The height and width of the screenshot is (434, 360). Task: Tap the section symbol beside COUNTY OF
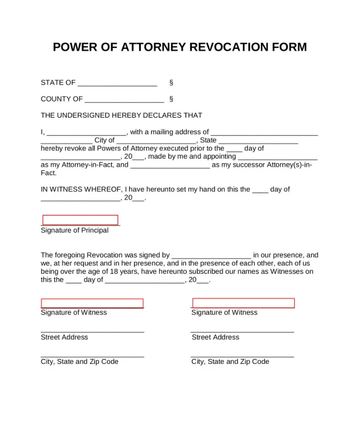point(171,99)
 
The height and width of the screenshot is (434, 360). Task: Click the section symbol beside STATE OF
point(171,83)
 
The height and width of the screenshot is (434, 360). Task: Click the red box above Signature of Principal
point(80,220)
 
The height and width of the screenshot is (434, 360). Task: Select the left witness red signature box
point(92,304)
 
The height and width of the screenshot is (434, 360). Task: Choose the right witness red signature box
point(243,303)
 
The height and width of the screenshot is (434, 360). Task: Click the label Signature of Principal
point(75,231)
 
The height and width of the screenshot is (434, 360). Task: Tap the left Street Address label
point(64,338)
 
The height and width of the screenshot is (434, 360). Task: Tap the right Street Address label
point(215,338)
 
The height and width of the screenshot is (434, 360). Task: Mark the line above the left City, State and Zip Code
point(92,356)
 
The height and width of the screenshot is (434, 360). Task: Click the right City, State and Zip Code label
point(230,362)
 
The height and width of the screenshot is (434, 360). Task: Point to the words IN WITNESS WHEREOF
point(82,189)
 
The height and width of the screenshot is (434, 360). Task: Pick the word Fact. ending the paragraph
point(48,174)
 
